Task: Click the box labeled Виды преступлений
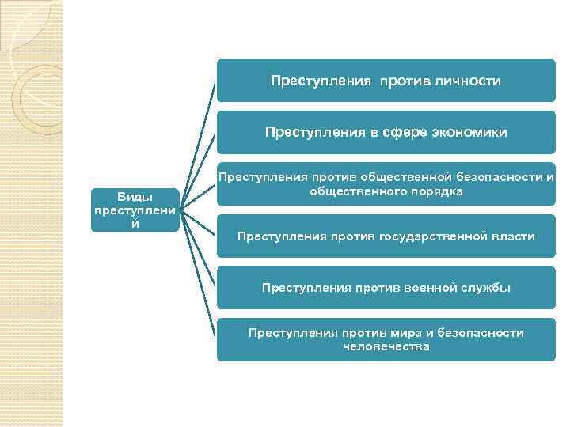point(135,210)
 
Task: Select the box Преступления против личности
point(386,81)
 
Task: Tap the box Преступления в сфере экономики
point(386,132)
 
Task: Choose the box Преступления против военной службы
point(386,287)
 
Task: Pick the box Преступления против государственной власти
point(386,236)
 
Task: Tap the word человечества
point(386,346)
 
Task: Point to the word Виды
point(135,195)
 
